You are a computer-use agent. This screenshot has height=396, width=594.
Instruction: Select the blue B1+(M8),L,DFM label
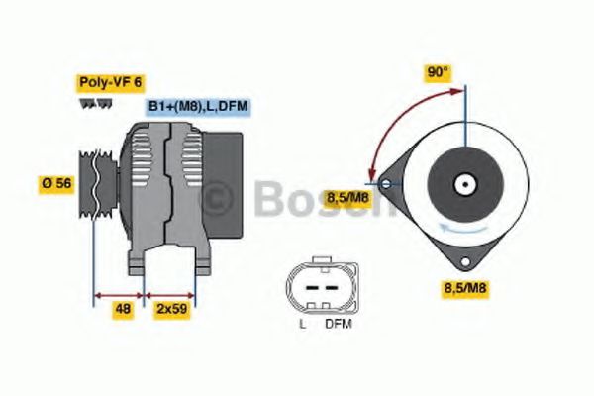pos(198,106)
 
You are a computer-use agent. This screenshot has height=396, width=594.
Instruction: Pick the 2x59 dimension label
pos(171,309)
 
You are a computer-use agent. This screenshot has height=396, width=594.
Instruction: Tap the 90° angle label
pos(438,73)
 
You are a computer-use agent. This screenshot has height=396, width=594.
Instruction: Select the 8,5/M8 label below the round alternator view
pos(465,288)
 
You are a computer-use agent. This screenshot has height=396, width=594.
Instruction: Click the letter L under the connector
pos(301,324)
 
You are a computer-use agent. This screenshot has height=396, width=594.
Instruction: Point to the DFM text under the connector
pos(337,324)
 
